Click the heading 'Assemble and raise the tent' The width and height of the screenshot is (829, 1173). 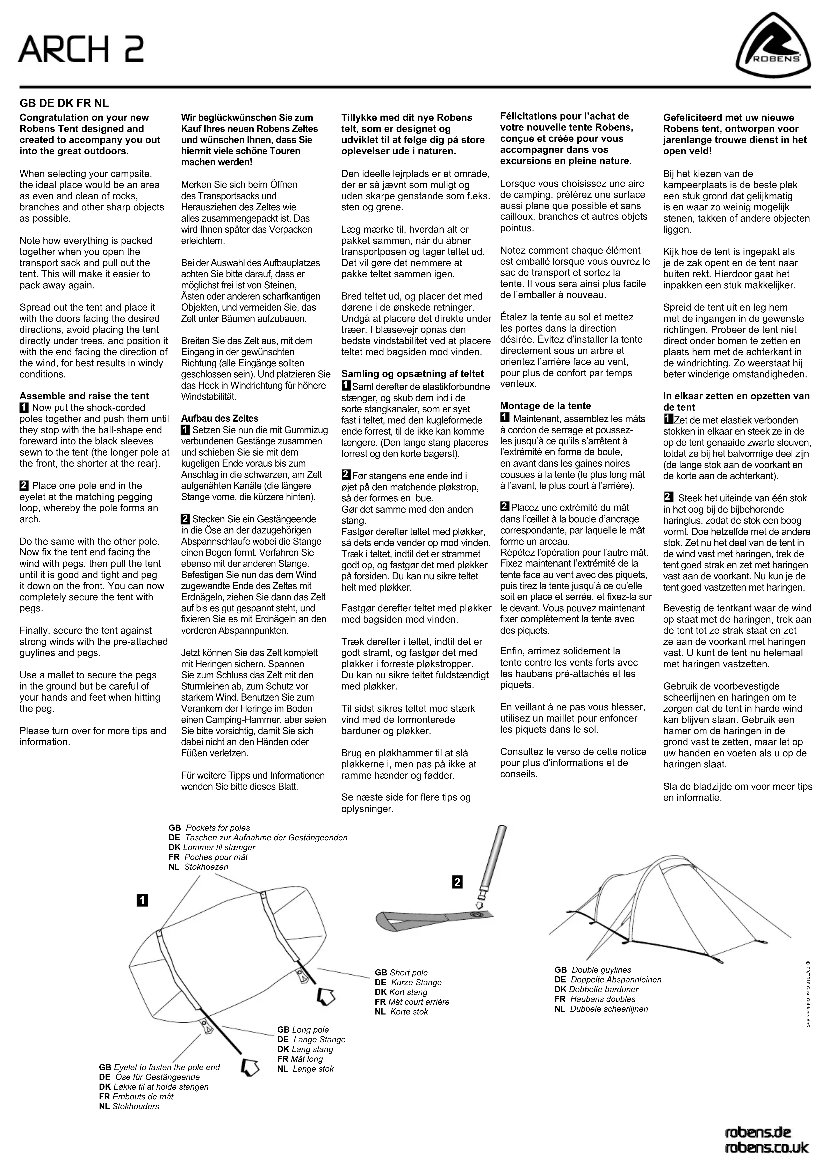click(x=84, y=396)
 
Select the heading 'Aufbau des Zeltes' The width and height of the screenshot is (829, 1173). click(x=220, y=418)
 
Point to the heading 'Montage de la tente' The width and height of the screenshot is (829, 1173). click(x=545, y=406)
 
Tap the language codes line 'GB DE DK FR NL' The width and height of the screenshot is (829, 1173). click(x=64, y=103)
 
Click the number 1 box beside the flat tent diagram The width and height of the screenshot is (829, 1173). click(x=142, y=901)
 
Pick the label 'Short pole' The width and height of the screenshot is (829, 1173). click(x=408, y=973)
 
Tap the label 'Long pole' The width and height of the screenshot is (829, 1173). click(x=310, y=1030)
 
